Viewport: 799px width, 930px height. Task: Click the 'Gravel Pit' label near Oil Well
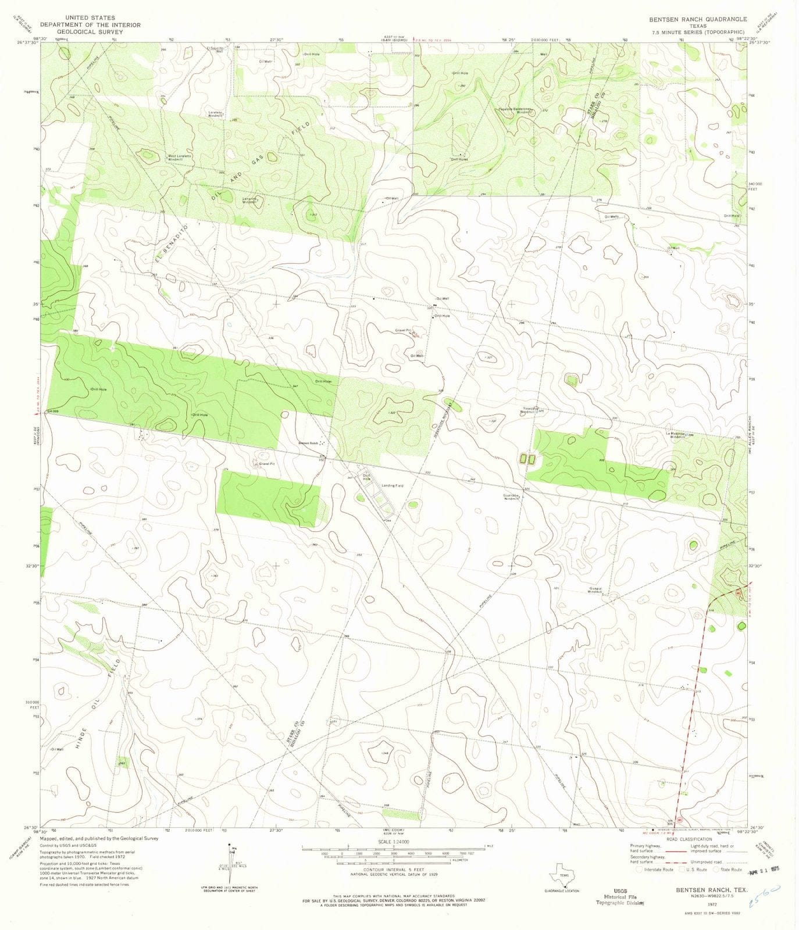click(403, 330)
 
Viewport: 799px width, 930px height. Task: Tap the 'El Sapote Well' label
click(215, 49)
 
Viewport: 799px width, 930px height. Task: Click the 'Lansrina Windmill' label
click(249, 200)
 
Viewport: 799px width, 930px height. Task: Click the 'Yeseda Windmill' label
click(527, 410)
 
